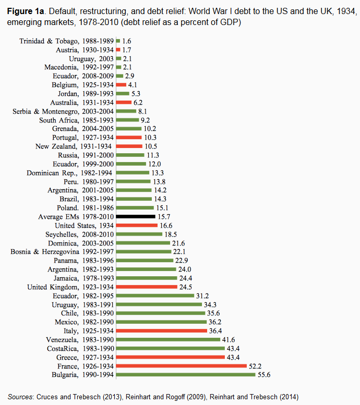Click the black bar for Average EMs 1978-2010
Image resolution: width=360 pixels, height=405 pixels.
pyautogui.click(x=136, y=216)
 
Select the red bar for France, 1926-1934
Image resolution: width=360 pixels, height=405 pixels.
pyautogui.click(x=181, y=366)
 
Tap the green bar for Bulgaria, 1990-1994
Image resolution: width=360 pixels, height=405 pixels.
pyautogui.click(x=186, y=375)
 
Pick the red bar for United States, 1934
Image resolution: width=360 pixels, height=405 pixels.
pyautogui.click(x=137, y=225)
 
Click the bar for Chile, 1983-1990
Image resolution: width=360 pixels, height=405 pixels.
pyautogui.click(x=161, y=313)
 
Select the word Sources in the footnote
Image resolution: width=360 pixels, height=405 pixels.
pyautogui.click(x=21, y=397)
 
